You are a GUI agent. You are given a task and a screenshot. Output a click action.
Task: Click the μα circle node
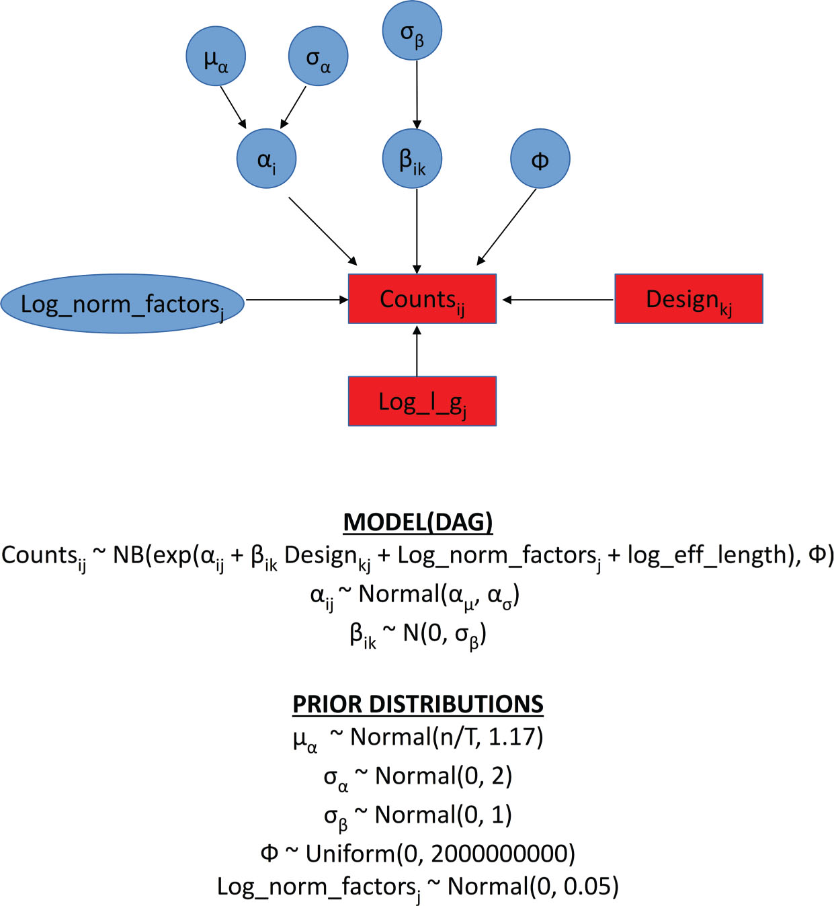click(x=216, y=56)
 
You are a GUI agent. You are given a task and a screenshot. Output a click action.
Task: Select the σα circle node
click(x=318, y=56)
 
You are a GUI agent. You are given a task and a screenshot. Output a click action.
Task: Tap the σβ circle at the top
click(x=412, y=30)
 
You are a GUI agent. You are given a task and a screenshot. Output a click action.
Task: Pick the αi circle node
click(x=267, y=159)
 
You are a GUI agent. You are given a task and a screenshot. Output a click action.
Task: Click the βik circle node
click(x=412, y=159)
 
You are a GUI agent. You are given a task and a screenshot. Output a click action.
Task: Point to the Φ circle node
click(x=540, y=159)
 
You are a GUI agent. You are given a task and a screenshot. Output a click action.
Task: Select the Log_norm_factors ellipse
click(x=122, y=303)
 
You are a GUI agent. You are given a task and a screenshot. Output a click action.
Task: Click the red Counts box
click(x=422, y=299)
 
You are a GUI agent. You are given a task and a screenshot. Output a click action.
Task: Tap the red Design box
click(x=688, y=299)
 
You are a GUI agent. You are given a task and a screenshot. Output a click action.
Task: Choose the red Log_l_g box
click(x=422, y=401)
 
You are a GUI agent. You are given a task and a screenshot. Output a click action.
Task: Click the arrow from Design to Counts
click(x=558, y=300)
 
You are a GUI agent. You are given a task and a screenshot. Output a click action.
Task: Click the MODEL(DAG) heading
click(x=418, y=522)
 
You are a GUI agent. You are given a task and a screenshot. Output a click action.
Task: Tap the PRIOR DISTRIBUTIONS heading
click(x=418, y=704)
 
